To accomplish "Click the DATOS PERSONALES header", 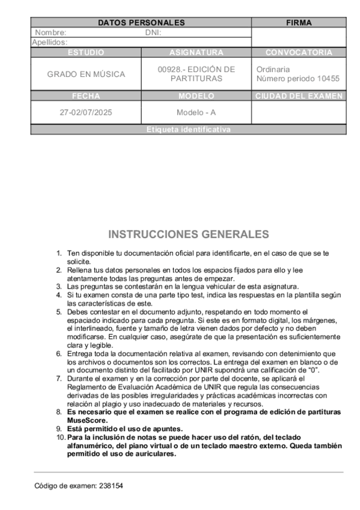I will tap(141, 23).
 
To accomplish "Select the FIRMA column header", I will tap(299, 23).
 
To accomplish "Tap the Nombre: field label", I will tap(50, 32).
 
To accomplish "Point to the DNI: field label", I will tap(153, 32).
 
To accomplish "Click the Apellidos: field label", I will tap(49, 43).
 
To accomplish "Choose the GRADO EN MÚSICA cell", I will tap(86, 74).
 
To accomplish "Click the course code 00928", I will tap(168, 70).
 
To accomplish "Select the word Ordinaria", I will tap(273, 70).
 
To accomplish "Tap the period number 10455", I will tap(328, 79).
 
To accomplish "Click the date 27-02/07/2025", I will tap(86, 112).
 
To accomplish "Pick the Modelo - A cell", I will tap(196, 112).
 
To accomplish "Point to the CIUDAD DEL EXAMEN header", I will tap(299, 96).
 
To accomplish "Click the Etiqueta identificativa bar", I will tap(188, 129).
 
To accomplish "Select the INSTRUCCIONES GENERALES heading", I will tap(188, 234).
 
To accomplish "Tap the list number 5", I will tap(59, 312).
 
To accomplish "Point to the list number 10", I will tap(60, 437).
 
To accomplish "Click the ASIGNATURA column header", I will tap(196, 52).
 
